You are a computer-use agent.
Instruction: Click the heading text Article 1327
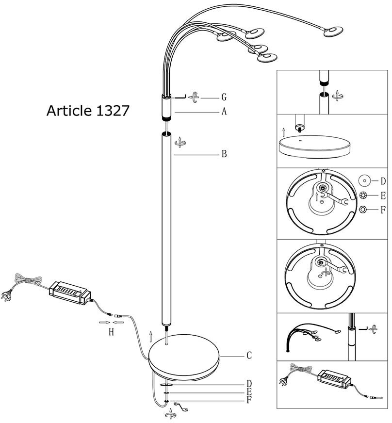click(88, 111)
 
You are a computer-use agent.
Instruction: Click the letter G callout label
click(224, 97)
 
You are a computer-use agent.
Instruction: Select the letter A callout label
click(224, 112)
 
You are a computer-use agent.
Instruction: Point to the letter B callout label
click(224, 155)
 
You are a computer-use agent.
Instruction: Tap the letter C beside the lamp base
click(249, 356)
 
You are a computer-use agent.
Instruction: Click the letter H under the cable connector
click(111, 332)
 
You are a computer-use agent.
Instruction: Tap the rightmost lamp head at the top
click(334, 32)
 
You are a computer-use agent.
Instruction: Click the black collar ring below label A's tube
click(165, 118)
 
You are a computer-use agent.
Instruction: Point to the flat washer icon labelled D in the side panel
click(364, 180)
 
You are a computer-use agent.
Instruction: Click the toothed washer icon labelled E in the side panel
click(364, 195)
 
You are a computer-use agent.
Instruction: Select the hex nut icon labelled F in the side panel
click(364, 210)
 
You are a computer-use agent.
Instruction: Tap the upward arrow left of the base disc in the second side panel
click(284, 131)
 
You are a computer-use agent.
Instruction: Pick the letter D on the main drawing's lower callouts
click(249, 384)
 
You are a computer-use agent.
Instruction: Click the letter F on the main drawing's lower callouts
click(249, 400)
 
